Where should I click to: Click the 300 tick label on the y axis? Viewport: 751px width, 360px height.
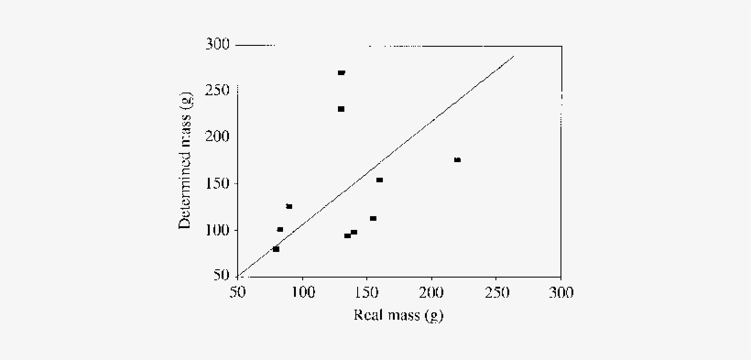click(218, 44)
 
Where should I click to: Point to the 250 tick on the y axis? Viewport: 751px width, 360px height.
click(218, 91)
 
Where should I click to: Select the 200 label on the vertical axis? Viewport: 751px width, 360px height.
click(218, 136)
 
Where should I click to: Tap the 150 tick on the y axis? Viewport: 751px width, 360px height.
click(218, 183)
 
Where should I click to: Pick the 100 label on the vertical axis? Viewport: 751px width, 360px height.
click(218, 230)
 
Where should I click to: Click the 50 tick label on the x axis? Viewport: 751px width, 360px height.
click(237, 292)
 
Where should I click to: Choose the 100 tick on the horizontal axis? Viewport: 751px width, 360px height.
click(302, 292)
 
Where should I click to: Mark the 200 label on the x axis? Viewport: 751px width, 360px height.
click(431, 292)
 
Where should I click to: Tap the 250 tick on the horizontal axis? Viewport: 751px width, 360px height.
click(495, 292)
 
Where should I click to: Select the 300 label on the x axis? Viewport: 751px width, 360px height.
click(561, 292)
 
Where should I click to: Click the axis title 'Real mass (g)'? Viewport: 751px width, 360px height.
click(398, 316)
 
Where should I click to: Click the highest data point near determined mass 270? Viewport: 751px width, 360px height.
click(341, 72)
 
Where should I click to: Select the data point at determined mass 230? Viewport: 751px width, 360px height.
click(341, 109)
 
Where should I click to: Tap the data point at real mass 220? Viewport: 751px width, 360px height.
click(457, 160)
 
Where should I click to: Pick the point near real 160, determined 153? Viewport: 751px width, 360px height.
click(379, 180)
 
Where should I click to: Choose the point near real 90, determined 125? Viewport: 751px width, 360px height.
click(288, 206)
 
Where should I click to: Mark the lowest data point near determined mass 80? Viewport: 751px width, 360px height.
click(276, 249)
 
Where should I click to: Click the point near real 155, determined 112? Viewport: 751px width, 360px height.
click(373, 218)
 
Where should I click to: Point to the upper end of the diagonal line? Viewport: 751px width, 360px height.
click(514, 56)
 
